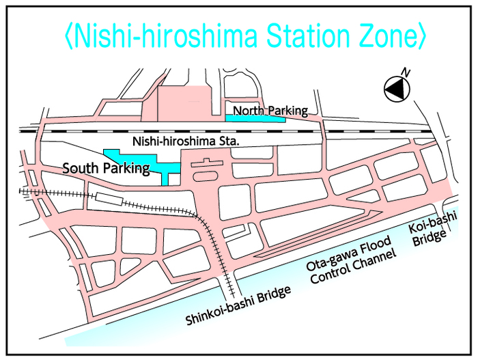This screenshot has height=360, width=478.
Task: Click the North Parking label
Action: [270, 110]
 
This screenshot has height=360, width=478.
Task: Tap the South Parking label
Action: [106, 168]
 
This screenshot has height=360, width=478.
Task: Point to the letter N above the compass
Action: [406, 72]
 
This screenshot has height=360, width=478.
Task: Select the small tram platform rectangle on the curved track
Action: [110, 199]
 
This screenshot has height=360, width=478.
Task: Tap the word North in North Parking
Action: [247, 110]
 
